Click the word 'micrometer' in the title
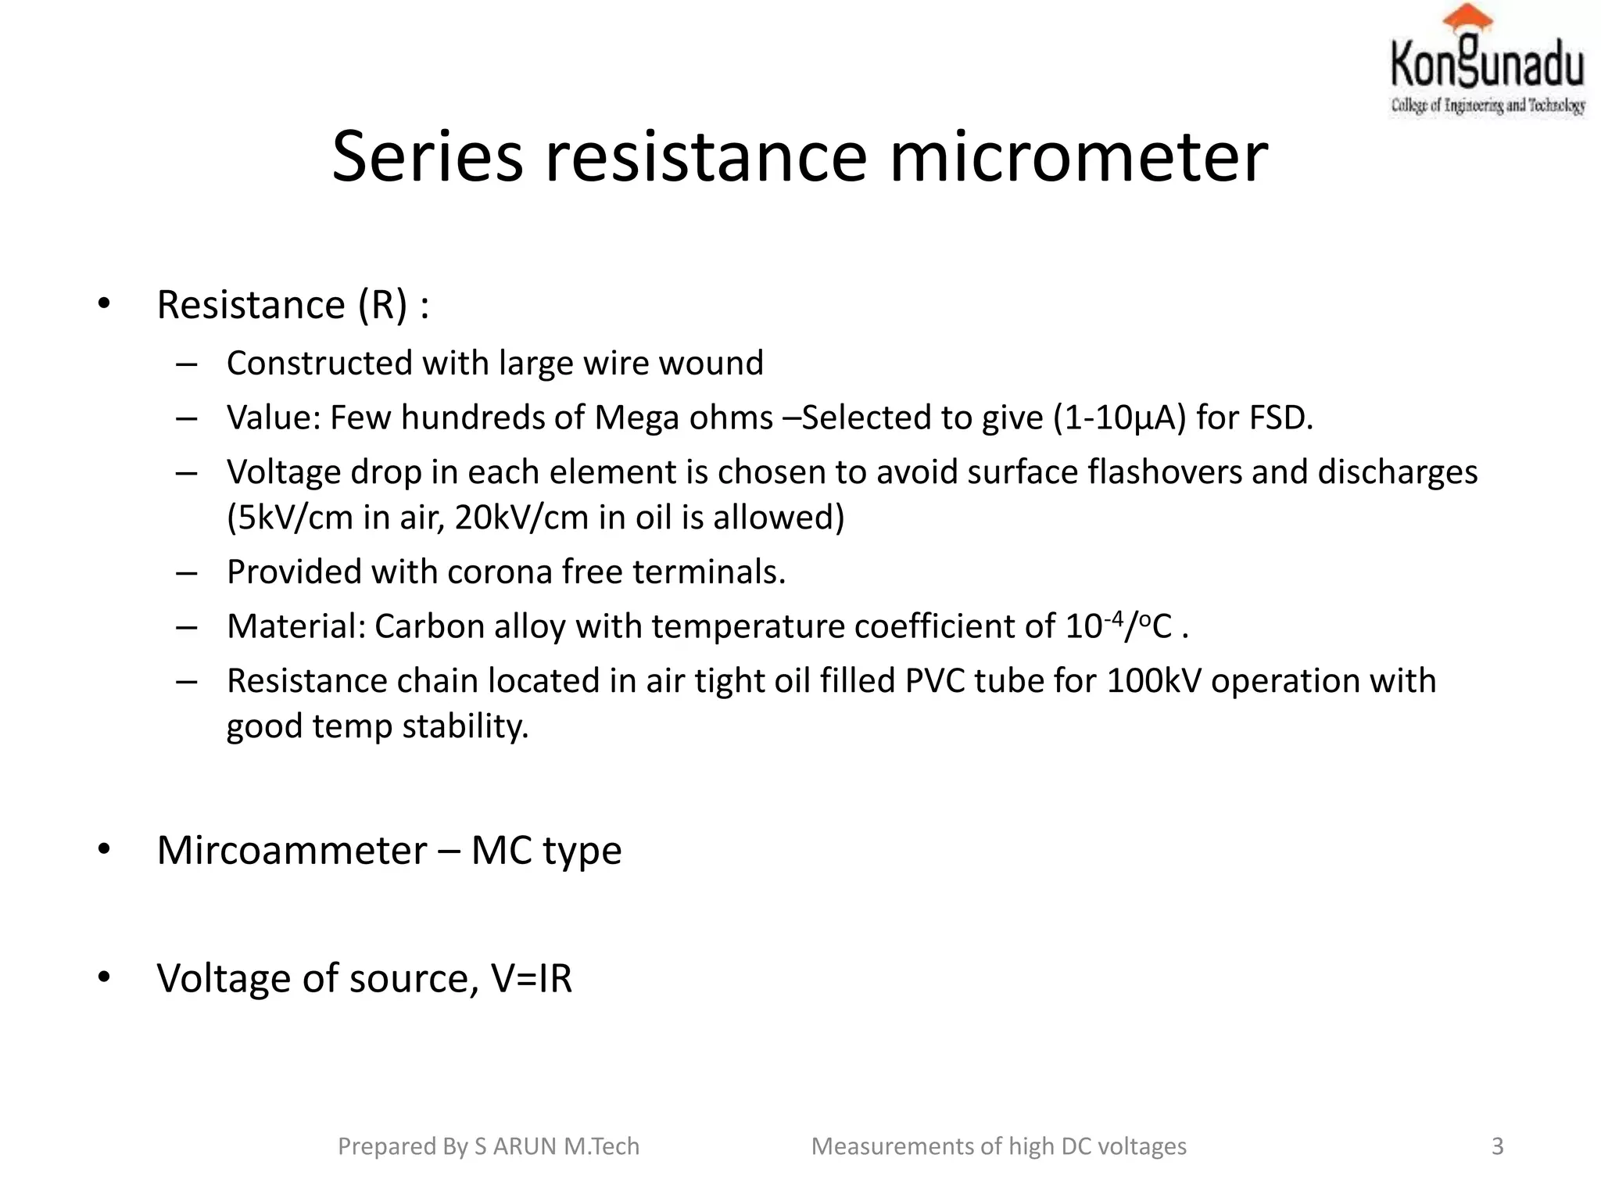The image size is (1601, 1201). (x=1078, y=157)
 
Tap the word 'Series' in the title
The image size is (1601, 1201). (x=427, y=157)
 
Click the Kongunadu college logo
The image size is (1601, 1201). (x=1488, y=63)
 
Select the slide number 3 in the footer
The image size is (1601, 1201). (x=1497, y=1146)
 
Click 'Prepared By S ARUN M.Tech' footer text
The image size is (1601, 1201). (x=489, y=1146)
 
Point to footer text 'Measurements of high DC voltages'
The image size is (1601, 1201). (x=998, y=1146)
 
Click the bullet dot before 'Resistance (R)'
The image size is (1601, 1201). (x=104, y=304)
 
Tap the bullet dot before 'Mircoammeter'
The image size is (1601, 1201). (x=104, y=850)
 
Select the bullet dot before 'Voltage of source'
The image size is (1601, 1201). (x=104, y=978)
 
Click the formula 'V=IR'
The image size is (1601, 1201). (x=532, y=978)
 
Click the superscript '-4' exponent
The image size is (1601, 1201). (x=1113, y=618)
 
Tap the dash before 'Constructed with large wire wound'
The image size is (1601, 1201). (x=186, y=364)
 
